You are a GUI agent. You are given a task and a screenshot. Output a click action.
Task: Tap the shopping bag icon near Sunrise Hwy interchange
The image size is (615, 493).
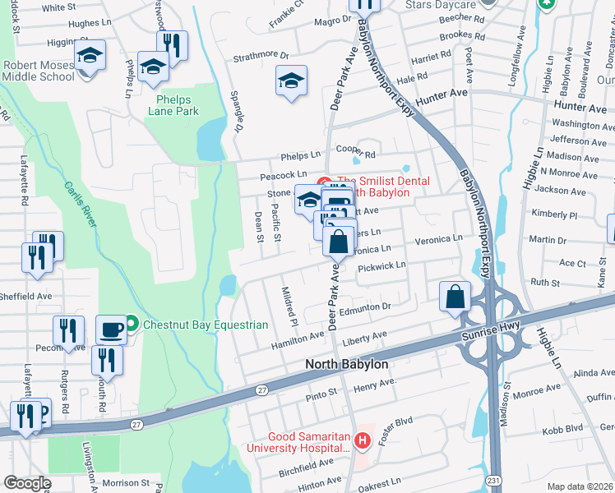point(455,297)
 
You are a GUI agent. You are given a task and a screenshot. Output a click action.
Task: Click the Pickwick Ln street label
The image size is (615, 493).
point(381,266)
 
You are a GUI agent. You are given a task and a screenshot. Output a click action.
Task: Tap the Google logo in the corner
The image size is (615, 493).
point(27,483)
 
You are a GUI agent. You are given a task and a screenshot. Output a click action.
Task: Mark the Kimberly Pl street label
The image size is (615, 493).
point(553,214)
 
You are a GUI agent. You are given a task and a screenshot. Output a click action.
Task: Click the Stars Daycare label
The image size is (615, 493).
point(440,5)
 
